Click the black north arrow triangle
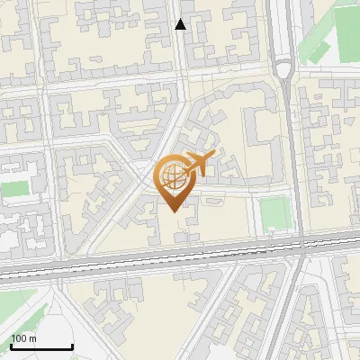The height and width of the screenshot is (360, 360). click(x=180, y=24)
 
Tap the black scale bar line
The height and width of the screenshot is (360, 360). click(x=41, y=347)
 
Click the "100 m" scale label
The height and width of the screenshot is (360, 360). click(x=24, y=338)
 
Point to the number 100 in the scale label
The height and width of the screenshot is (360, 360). click(x=20, y=338)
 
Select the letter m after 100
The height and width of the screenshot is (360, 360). click(x=33, y=338)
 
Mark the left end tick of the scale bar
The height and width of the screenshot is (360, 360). click(x=11, y=346)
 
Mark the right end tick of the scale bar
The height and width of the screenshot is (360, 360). click(x=72, y=346)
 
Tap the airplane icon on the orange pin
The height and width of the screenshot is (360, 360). click(x=198, y=164)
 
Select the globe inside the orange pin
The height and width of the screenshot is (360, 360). click(x=171, y=175)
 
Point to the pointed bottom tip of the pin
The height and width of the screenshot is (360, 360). click(x=172, y=211)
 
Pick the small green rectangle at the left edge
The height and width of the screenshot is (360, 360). click(x=14, y=190)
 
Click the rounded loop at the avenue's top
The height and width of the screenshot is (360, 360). click(x=284, y=69)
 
